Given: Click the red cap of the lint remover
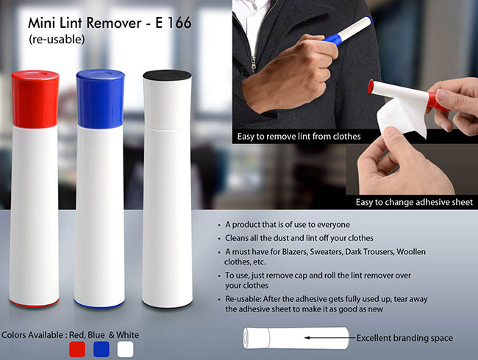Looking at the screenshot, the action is point(35,99).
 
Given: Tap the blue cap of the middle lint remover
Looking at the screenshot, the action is point(100,98).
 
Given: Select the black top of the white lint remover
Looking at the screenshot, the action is point(167,75).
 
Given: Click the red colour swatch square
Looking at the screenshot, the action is point(77,349).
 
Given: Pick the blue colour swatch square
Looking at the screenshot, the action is point(101,349).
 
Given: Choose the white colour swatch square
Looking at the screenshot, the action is point(125,349).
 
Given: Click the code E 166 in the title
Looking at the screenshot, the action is point(173,23).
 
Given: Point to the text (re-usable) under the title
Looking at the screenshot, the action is point(57,39).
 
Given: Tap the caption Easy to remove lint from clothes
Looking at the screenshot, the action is point(299,136).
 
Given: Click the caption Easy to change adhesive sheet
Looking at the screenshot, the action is point(414,202).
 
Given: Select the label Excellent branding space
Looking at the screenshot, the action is point(404,338).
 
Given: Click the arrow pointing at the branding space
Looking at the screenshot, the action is point(330,337).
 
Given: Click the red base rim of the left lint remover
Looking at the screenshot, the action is point(34,303).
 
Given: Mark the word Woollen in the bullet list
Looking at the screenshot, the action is point(411,252).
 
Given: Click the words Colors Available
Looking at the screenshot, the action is point(32,335).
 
